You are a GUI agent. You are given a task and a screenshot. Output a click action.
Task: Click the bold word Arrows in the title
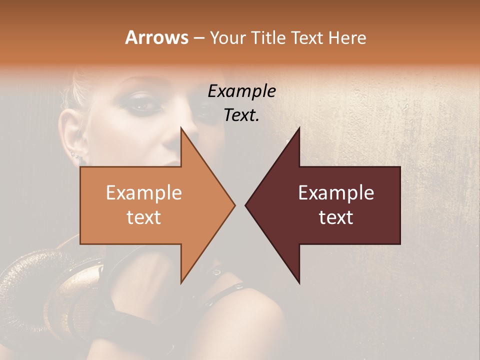(x=157, y=37)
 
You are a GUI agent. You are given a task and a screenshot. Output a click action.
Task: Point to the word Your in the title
(x=227, y=37)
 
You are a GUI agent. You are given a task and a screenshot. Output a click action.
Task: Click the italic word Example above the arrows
(x=241, y=91)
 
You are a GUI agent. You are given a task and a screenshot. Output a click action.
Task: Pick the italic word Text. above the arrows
(x=241, y=115)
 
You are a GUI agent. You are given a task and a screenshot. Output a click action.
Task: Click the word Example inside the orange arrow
(x=144, y=193)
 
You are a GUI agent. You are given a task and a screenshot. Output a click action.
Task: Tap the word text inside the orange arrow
(x=144, y=217)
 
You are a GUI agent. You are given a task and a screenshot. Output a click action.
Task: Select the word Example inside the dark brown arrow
(x=336, y=193)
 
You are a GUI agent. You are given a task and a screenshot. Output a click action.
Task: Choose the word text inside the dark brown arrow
(x=336, y=217)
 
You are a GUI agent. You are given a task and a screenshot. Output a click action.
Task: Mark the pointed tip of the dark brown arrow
(x=246, y=205)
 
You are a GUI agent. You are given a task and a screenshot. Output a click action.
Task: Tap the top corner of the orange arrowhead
(x=181, y=128)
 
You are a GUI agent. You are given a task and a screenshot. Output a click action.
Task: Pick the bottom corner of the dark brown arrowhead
(x=299, y=283)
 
